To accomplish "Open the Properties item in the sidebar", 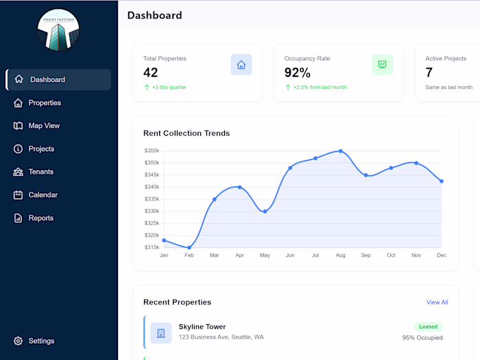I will pos(45,103).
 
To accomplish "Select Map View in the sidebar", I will pos(44,125).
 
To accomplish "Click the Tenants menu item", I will pos(40,171).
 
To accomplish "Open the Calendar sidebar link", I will pos(43,195).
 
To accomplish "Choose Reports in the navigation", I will pos(40,218).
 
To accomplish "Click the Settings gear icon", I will pos(19,341).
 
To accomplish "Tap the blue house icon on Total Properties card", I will pos(241,64).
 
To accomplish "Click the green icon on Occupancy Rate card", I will pos(382,64).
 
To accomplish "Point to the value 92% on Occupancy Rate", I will pos(298,73).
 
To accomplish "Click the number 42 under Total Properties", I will pos(151,73).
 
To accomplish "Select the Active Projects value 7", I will pos(429,73).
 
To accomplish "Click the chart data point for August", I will pos(340,151).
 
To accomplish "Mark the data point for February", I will pos(189,248).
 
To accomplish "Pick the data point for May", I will pos(265,211).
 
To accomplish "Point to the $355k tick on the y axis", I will pos(152,151).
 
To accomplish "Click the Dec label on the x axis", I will pos(441,255).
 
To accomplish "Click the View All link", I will pos(437,302).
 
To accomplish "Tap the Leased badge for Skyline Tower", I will pos(428,327).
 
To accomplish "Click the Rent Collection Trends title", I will pos(187,133).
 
